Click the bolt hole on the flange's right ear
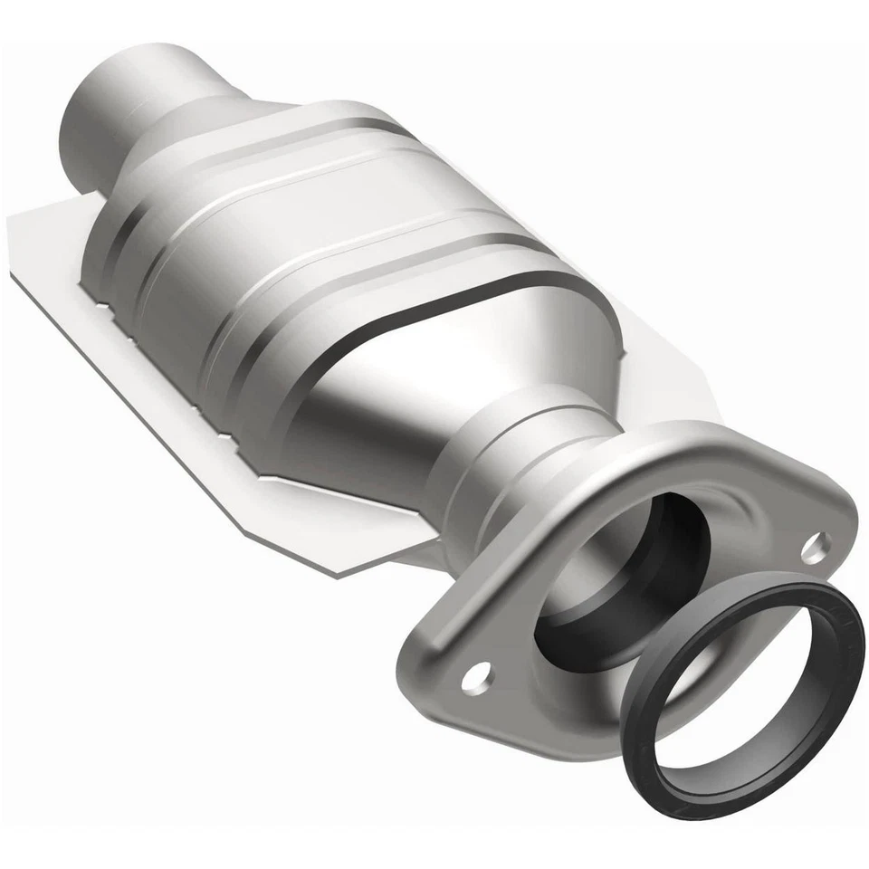point(816,545)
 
